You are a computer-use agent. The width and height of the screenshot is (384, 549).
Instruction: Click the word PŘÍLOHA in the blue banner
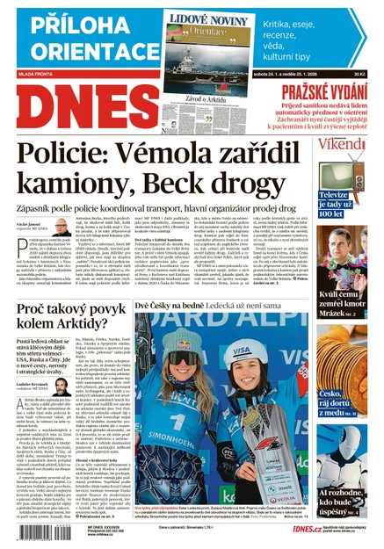tap(56, 21)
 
